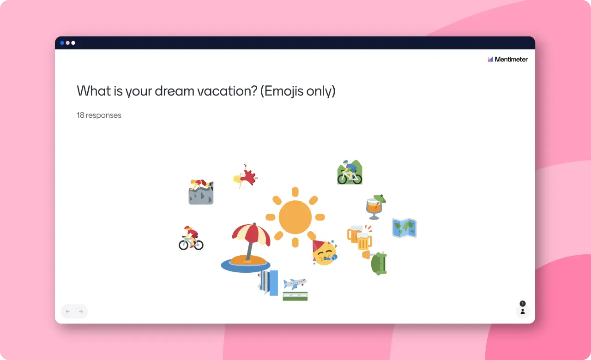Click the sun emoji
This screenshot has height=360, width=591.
tap(295, 217)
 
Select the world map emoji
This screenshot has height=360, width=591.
tap(404, 228)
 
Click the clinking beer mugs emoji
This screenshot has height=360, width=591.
tap(360, 237)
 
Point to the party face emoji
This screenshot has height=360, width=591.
tap(325, 252)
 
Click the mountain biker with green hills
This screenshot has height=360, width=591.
tap(350, 172)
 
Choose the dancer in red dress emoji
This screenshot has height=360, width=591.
tap(245, 176)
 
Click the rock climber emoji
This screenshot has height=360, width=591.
tap(201, 192)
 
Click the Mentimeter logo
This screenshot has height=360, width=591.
tap(507, 60)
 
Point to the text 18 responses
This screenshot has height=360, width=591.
tap(99, 115)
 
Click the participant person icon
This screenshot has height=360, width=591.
tap(522, 312)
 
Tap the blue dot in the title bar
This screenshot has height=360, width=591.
tap(62, 43)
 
